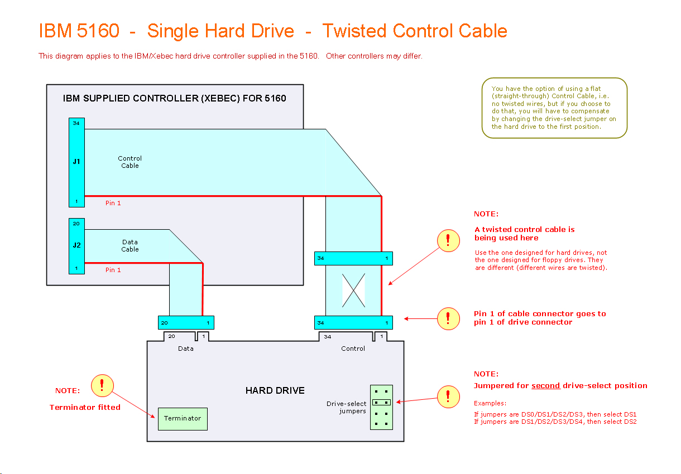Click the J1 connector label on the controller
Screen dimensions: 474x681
pyautogui.click(x=76, y=162)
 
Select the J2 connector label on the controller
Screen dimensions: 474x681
pyautogui.click(x=76, y=245)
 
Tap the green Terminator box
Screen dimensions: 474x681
pyautogui.click(x=183, y=418)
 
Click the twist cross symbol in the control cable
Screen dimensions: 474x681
pyautogui.click(x=353, y=290)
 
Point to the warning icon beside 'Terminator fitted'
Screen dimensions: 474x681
pyautogui.click(x=102, y=385)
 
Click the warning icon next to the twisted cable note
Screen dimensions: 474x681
pyautogui.click(x=448, y=241)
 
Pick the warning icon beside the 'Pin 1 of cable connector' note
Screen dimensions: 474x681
pyautogui.click(x=448, y=318)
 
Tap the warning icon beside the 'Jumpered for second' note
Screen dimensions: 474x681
pyautogui.click(x=448, y=396)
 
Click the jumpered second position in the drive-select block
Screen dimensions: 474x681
pyautogui.click(x=381, y=402)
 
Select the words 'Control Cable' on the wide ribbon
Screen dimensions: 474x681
pyautogui.click(x=130, y=162)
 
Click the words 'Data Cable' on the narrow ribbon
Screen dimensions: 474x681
pyautogui.click(x=130, y=246)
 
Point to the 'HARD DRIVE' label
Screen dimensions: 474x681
pyautogui.click(x=275, y=390)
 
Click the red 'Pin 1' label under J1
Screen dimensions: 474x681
pyautogui.click(x=113, y=203)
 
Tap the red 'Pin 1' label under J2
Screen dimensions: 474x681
pyautogui.click(x=113, y=270)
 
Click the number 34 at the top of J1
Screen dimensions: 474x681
pyautogui.click(x=76, y=123)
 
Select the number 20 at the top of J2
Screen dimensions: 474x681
pyautogui.click(x=76, y=224)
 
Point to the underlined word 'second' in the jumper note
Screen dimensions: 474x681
pyautogui.click(x=545, y=386)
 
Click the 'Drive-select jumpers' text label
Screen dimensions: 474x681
pyautogui.click(x=347, y=408)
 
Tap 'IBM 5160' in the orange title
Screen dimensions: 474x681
pyautogui.click(x=79, y=31)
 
